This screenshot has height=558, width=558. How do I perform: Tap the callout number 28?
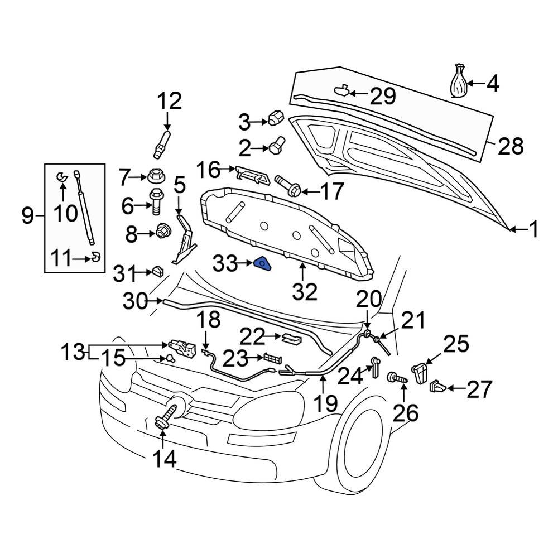coord(510,147)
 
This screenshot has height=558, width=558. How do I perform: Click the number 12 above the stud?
coord(169,102)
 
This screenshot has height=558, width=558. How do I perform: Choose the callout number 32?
coord(304,291)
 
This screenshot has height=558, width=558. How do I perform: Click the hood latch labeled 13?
coord(181,348)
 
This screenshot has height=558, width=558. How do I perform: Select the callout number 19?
coord(324,402)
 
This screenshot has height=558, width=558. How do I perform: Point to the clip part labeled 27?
coord(438,386)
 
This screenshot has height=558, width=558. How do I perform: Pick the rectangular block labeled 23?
coord(272,358)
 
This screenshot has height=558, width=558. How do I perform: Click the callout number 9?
coord(28,215)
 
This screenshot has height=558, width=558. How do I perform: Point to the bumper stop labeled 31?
coord(157,272)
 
